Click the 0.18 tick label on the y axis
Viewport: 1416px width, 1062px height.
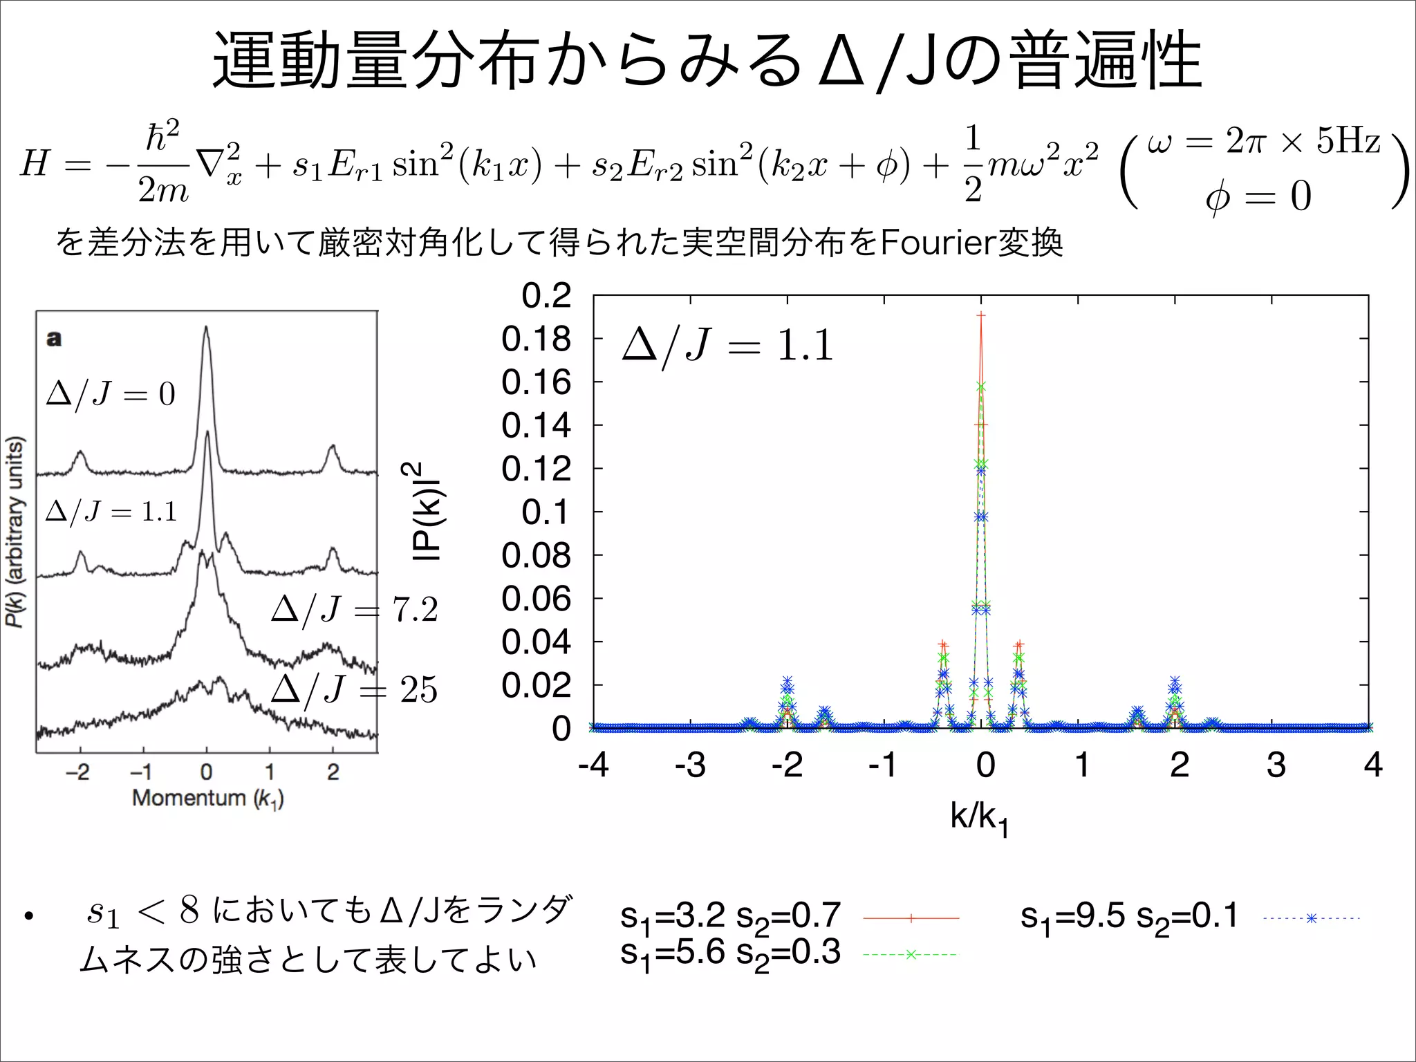[x=536, y=339]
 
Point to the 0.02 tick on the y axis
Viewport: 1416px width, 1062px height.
[x=536, y=686]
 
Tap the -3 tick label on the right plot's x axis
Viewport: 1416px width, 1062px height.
[x=689, y=765]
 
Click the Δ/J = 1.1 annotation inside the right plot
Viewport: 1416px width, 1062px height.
[x=727, y=346]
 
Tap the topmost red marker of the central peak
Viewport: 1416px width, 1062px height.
[x=980, y=315]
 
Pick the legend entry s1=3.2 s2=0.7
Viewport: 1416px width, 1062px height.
[x=730, y=917]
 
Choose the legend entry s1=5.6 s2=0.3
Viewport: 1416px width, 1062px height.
[x=730, y=953]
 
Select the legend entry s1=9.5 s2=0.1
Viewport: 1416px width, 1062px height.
[x=1129, y=917]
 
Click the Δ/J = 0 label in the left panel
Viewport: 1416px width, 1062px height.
[x=111, y=394]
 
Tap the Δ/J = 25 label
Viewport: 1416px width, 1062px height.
[x=354, y=689]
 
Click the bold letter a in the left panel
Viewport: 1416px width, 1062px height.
[x=53, y=339]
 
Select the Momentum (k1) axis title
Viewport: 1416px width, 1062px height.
[x=207, y=798]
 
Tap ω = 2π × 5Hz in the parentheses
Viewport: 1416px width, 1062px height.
[x=1263, y=142]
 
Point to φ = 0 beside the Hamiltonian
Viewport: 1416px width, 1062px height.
[x=1258, y=196]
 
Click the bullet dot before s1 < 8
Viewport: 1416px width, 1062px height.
[x=28, y=917]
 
